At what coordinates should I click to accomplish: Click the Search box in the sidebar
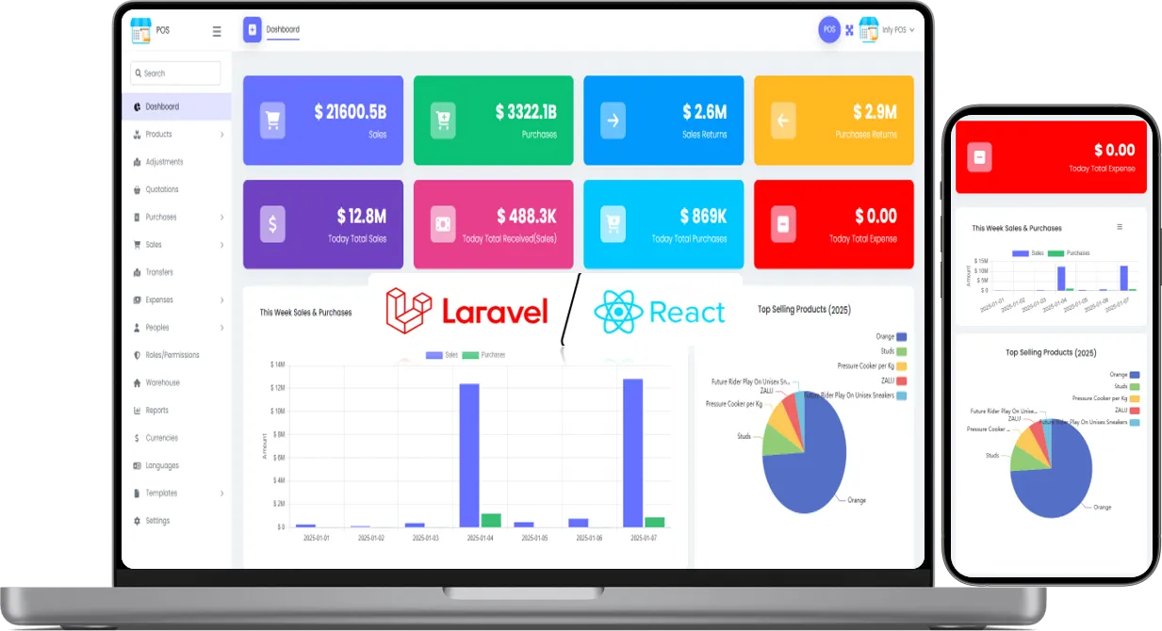[x=176, y=73]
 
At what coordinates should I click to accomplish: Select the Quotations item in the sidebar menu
[x=161, y=189]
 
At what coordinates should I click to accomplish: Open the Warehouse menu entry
[x=162, y=382]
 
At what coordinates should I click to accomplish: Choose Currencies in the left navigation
[x=161, y=438]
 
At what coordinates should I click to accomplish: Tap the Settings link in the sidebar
[x=157, y=521]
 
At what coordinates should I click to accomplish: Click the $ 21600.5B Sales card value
[x=350, y=112]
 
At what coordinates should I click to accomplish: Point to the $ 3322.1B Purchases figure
[x=525, y=112]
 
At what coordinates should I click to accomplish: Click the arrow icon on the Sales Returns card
[x=613, y=120]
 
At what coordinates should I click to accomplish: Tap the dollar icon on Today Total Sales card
[x=272, y=224]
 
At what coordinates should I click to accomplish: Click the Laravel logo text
[x=494, y=312]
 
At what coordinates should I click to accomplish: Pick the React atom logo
[x=618, y=312]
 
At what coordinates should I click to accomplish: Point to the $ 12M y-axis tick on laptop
[x=277, y=388]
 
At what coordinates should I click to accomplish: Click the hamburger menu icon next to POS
[x=217, y=31]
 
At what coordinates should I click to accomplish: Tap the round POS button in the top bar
[x=828, y=29]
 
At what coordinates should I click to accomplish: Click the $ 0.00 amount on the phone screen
[x=1114, y=150]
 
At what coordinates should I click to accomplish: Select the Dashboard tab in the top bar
[x=283, y=29]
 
